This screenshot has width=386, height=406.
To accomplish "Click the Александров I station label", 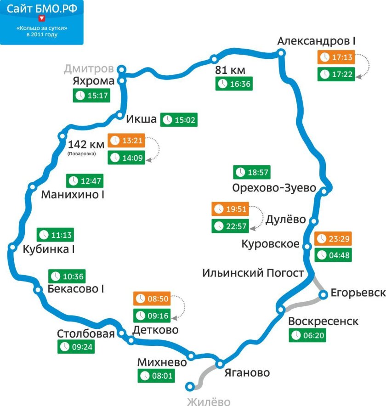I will click(x=317, y=41).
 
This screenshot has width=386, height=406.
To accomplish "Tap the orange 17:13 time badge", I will click(x=336, y=57).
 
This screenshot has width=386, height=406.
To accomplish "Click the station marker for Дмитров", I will click(x=122, y=69).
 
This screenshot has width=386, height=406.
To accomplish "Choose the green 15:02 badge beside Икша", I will click(x=179, y=120).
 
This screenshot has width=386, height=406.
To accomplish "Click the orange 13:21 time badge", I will click(x=125, y=140).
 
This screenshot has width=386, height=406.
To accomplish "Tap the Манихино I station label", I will click(x=73, y=195).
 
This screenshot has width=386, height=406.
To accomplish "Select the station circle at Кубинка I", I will click(x=12, y=248).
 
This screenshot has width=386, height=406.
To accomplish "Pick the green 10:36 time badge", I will click(x=67, y=276).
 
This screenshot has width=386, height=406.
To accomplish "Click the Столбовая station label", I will click(x=85, y=333).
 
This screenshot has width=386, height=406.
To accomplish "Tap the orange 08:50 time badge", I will click(x=151, y=299).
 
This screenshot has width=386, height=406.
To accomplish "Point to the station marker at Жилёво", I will click(x=189, y=386).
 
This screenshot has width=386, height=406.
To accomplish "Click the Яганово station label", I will click(x=247, y=372).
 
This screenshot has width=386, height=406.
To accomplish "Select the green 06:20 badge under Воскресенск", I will click(x=307, y=335).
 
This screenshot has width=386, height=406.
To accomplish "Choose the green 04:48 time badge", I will click(x=333, y=255).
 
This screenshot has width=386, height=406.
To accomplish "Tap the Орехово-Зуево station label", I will click(x=274, y=188).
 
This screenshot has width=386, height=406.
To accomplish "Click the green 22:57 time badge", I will click(x=230, y=226).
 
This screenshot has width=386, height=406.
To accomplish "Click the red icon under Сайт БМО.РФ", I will click(x=42, y=18).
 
